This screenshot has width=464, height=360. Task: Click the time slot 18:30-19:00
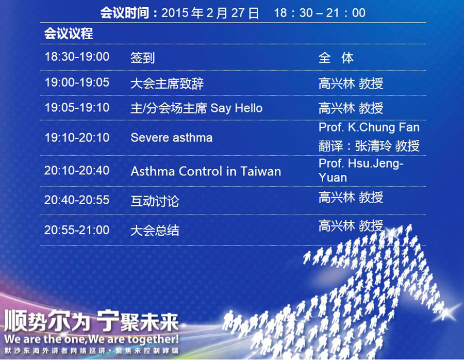tap(77, 57)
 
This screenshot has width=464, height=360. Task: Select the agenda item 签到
tap(143, 58)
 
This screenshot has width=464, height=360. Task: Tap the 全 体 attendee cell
tap(336, 58)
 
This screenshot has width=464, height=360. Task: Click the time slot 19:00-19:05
tap(77, 83)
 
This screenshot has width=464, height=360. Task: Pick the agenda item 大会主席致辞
tap(167, 84)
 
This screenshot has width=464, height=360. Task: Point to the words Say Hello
tap(237, 108)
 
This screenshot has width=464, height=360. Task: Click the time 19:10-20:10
tap(77, 138)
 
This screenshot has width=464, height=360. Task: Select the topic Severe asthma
tap(172, 138)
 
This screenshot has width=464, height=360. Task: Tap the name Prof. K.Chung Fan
tap(369, 127)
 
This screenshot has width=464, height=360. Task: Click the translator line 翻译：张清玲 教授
tap(369, 146)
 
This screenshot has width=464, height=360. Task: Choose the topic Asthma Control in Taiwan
tap(206, 171)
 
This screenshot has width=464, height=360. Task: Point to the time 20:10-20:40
tap(77, 170)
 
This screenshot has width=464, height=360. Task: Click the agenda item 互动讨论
tap(155, 201)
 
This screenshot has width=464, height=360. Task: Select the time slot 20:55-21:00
tap(77, 230)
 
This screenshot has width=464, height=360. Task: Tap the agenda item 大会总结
tap(155, 231)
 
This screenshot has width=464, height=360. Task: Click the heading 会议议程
tap(69, 34)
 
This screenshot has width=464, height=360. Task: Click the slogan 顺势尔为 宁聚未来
tap(91, 321)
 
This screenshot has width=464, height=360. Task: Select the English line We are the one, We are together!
tap(91, 339)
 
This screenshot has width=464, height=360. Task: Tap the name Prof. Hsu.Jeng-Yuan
tap(361, 170)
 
